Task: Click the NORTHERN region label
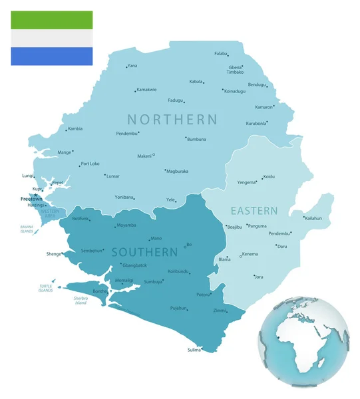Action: (x=172, y=120)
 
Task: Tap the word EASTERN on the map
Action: (x=254, y=211)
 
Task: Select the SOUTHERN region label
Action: (x=144, y=253)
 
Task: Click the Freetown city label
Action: (x=31, y=199)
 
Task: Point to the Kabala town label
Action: (x=196, y=81)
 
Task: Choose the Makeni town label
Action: (x=144, y=156)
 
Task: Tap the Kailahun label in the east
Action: (x=313, y=218)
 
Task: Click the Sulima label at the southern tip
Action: (x=194, y=350)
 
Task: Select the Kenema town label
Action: (x=250, y=254)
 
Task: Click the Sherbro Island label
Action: (x=81, y=301)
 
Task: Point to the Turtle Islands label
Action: (x=45, y=287)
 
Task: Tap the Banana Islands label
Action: (x=27, y=229)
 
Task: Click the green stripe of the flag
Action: (x=51, y=20)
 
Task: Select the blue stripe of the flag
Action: (x=51, y=57)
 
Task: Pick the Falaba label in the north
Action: (x=221, y=53)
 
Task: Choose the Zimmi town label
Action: (x=219, y=311)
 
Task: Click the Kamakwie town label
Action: (x=146, y=89)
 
